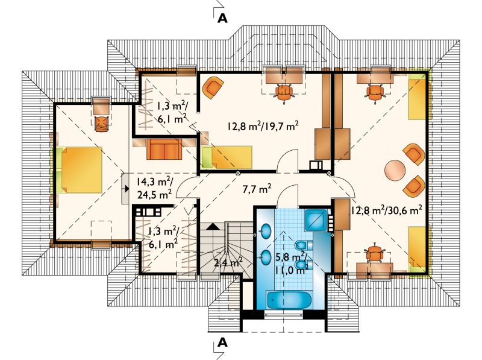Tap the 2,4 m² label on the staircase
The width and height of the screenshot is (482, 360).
pos(228,263)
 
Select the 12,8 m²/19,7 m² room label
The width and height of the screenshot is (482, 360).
pos(263,126)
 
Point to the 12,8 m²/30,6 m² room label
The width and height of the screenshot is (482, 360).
pos(386,210)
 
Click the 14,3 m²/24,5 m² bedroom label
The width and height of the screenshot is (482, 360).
pos(155,188)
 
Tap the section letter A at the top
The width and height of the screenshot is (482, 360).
pos(222,19)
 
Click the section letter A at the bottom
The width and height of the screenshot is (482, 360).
pos(222,342)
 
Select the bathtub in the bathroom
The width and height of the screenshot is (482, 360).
pos(290,300)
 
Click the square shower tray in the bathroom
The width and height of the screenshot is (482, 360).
pos(316,220)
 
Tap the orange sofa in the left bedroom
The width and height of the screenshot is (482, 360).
pos(164,149)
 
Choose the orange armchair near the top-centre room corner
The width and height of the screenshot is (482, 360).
pos(213,87)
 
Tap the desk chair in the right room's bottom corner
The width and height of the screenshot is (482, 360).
pos(373,253)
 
